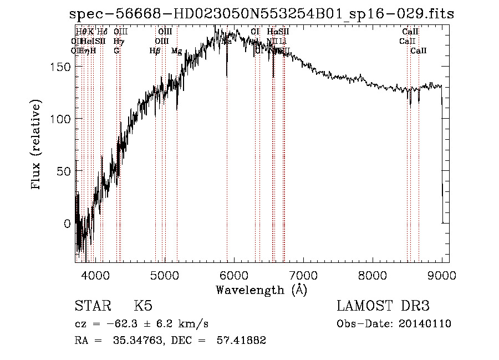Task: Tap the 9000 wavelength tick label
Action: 442,275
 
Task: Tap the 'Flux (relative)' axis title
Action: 37,146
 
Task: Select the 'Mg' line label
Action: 176,51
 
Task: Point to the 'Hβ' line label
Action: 155,51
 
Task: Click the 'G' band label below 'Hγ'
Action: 116,51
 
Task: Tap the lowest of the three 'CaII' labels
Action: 419,51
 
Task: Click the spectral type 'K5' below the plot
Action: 143,306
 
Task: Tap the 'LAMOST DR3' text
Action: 383,306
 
